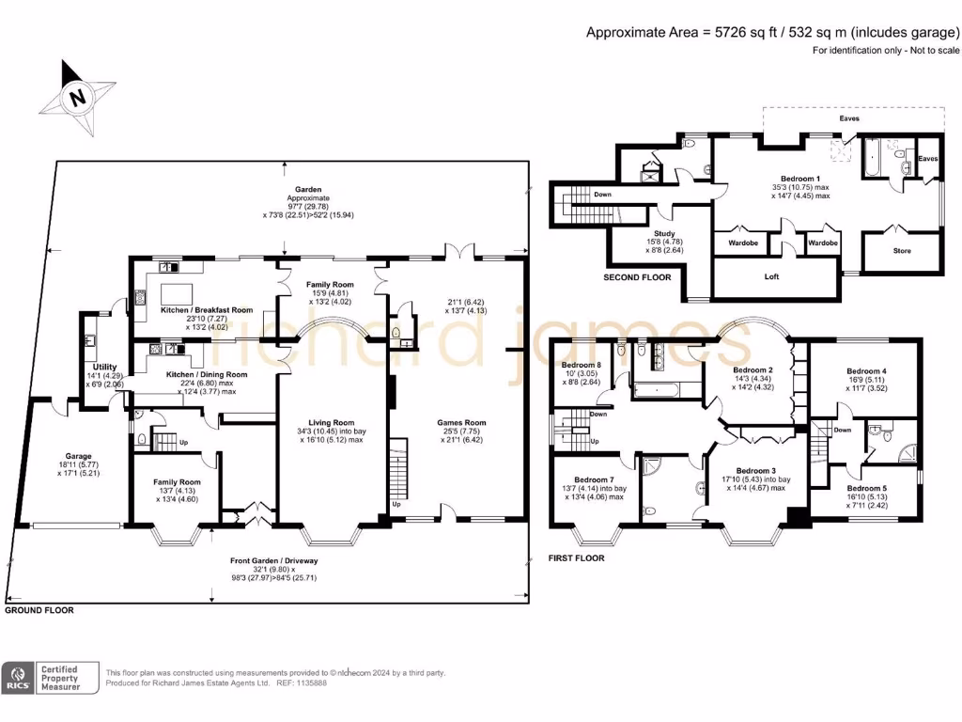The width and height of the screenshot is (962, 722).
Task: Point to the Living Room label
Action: pos(332,423)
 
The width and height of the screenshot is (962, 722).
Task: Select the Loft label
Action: pos(772,276)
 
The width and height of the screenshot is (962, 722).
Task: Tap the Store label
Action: pos(901,250)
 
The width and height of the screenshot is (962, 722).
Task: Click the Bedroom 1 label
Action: pos(800,179)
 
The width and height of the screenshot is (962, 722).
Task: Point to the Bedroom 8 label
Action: pos(581,366)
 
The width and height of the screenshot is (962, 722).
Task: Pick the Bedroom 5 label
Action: pos(865,489)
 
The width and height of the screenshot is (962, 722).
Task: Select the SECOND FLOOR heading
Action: pos(637,278)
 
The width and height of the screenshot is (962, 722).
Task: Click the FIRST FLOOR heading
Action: pos(576,557)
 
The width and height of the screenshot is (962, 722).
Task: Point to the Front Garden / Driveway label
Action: pos(274,561)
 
